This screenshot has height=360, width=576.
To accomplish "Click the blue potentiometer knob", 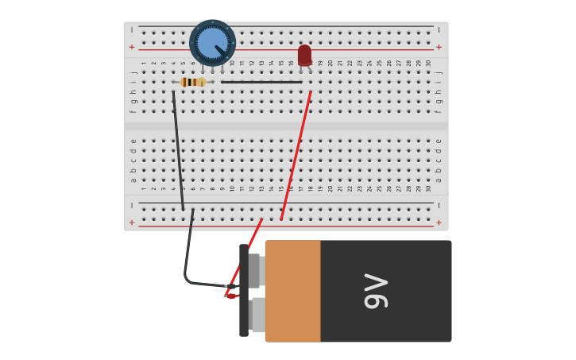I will pos(212,42).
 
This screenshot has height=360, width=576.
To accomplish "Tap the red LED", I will pos(305,55).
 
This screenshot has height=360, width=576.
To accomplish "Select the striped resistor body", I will pos(192,82).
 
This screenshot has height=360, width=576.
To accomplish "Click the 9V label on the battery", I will pos(375,291).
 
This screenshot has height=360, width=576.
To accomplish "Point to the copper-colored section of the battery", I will pos(292,291).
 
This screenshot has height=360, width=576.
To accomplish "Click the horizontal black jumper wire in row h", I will pos(261,82).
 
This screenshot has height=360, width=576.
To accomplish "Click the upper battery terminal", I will pos(254,270).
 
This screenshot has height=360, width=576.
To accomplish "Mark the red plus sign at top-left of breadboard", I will pos(132,47).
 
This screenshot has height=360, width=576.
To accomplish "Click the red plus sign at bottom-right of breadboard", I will pos(439,223).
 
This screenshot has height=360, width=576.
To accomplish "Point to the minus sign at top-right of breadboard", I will pos(439,29).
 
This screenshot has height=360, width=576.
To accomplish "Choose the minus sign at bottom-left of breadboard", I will pos(132,205).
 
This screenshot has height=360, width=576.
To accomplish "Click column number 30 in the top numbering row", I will pos(429,64).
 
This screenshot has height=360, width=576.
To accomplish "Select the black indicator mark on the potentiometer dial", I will pos(220,50).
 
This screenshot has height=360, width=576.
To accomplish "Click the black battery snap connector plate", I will pos(244,291).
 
